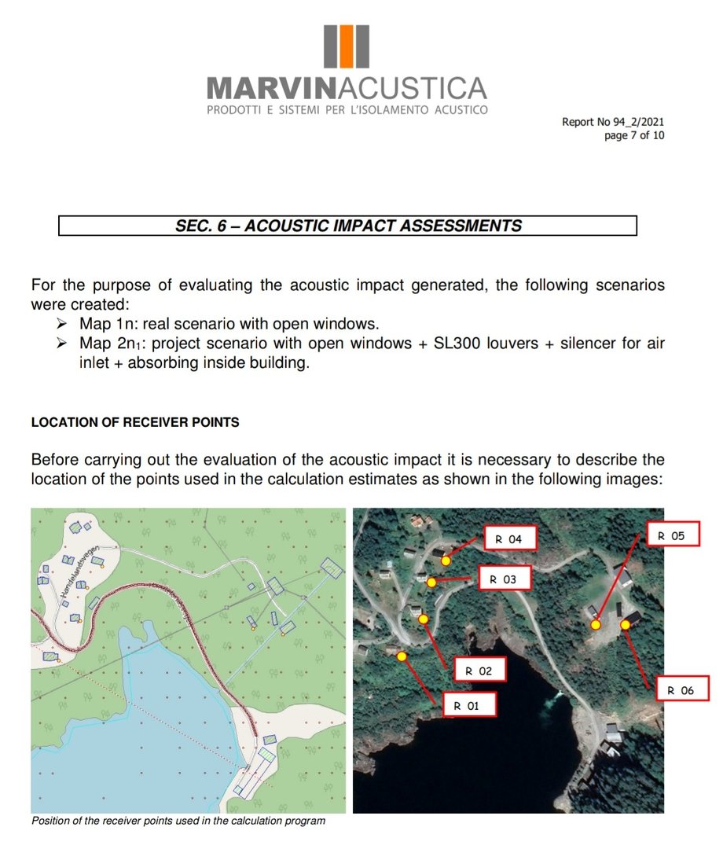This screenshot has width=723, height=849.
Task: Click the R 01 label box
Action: click(x=470, y=705)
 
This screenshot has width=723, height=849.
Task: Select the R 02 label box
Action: click(x=477, y=671)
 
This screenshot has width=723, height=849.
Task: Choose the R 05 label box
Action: click(x=671, y=535)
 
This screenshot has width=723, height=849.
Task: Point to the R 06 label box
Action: click(x=681, y=689)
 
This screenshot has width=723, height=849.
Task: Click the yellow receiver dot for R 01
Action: click(x=402, y=656)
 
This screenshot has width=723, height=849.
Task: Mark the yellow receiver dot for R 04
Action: click(x=446, y=560)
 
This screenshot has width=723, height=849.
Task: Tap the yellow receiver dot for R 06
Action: click(x=626, y=624)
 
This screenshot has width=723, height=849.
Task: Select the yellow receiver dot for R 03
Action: click(x=431, y=583)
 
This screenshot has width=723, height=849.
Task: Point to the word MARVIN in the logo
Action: click(x=262, y=87)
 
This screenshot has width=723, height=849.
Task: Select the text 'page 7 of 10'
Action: click(x=634, y=135)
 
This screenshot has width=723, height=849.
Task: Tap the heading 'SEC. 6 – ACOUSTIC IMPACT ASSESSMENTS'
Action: click(x=347, y=226)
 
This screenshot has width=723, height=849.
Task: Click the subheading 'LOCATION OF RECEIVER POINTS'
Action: click(x=135, y=422)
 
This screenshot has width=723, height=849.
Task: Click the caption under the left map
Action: click(x=178, y=821)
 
